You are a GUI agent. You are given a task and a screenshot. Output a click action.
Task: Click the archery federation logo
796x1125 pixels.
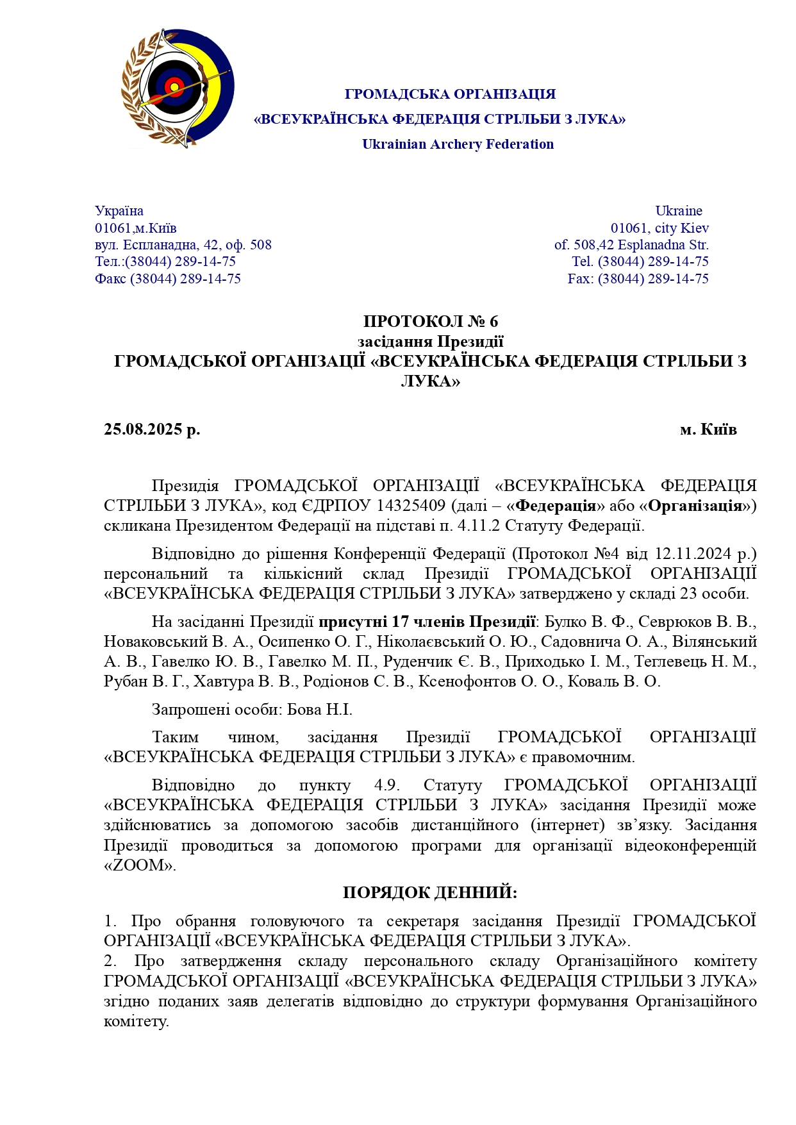click(x=178, y=88)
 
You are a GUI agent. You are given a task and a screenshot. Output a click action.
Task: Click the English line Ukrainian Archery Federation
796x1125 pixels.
click(x=458, y=144)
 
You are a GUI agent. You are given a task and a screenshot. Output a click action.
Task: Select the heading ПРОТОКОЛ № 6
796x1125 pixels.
click(x=430, y=321)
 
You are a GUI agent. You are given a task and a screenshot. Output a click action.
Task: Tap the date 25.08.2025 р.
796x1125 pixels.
click(x=152, y=429)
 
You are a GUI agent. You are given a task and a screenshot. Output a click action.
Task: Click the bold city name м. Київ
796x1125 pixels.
click(x=708, y=429)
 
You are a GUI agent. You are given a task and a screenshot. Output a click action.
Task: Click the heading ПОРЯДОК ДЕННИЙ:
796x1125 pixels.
click(x=429, y=892)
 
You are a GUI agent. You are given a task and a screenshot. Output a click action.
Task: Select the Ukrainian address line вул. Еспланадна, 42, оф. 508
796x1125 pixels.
click(x=183, y=245)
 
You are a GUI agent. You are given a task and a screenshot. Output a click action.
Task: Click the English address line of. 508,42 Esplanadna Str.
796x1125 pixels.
click(x=631, y=245)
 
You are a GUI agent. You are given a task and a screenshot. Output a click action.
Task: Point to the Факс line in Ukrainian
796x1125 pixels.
click(x=168, y=279)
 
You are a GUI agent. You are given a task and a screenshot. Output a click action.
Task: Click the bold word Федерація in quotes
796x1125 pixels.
click(x=556, y=506)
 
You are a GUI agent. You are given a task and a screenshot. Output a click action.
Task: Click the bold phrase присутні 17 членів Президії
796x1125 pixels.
click(x=427, y=622)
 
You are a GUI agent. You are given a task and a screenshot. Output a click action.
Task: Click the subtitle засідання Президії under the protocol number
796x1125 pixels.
click(x=430, y=342)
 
